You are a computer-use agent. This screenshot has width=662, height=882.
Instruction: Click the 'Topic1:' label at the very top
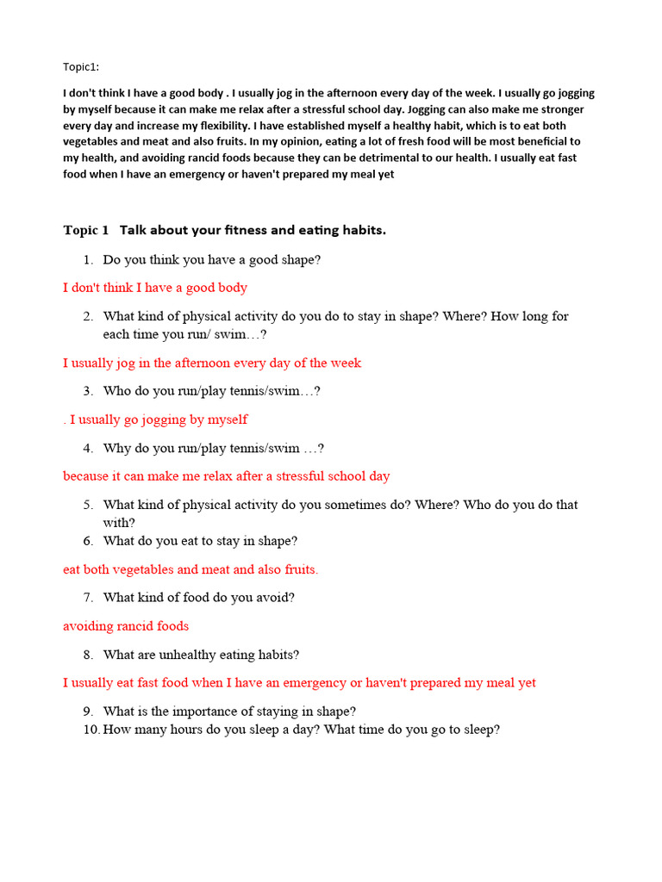[81, 67]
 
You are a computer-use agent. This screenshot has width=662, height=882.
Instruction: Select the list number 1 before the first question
[88, 259]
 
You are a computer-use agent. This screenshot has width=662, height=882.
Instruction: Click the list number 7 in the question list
[88, 597]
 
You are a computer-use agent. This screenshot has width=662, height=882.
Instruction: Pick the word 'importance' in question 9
[202, 711]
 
